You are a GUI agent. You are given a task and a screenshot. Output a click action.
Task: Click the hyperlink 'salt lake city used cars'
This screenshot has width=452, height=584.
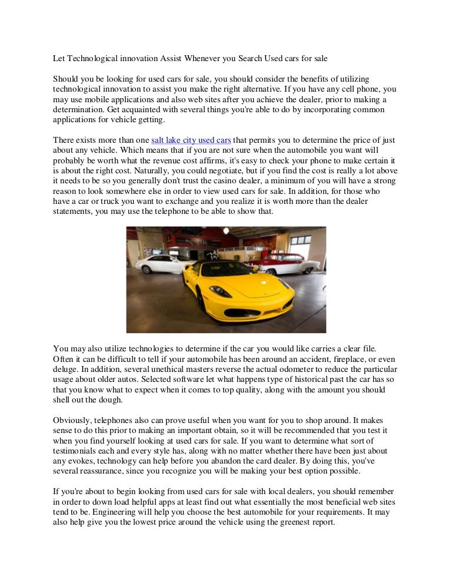(x=191, y=140)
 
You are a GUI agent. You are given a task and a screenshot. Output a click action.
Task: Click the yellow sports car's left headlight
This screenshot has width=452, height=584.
(x=220, y=290)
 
